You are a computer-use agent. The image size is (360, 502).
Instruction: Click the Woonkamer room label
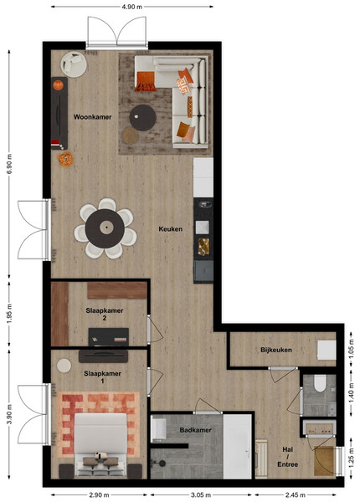[93, 117]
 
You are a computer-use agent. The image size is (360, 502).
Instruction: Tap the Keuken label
[171, 229]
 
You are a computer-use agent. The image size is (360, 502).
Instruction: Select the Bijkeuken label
[276, 350]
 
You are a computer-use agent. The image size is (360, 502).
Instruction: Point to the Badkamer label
[195, 430]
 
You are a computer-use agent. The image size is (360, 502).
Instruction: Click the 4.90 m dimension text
[132, 7]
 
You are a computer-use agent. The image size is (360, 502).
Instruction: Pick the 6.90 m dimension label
[9, 164]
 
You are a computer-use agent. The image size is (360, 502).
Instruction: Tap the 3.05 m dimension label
[201, 495]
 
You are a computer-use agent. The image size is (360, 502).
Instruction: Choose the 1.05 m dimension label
[352, 349]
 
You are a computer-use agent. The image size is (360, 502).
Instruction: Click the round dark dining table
[105, 228]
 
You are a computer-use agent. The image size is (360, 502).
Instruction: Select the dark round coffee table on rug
[143, 117]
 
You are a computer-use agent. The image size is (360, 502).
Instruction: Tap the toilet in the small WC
[320, 383]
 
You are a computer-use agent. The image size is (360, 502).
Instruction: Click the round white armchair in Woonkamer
[74, 64]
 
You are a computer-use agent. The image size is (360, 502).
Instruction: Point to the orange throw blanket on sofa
[146, 81]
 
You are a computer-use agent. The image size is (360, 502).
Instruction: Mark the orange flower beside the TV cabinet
[65, 159]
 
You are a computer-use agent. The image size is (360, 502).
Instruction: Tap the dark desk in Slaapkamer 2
[109, 337]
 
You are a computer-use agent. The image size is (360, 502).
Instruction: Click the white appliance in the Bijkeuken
[327, 350]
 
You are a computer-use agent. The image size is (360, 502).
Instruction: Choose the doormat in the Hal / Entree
[324, 461]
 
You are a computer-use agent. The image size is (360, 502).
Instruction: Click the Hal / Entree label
[288, 457]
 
